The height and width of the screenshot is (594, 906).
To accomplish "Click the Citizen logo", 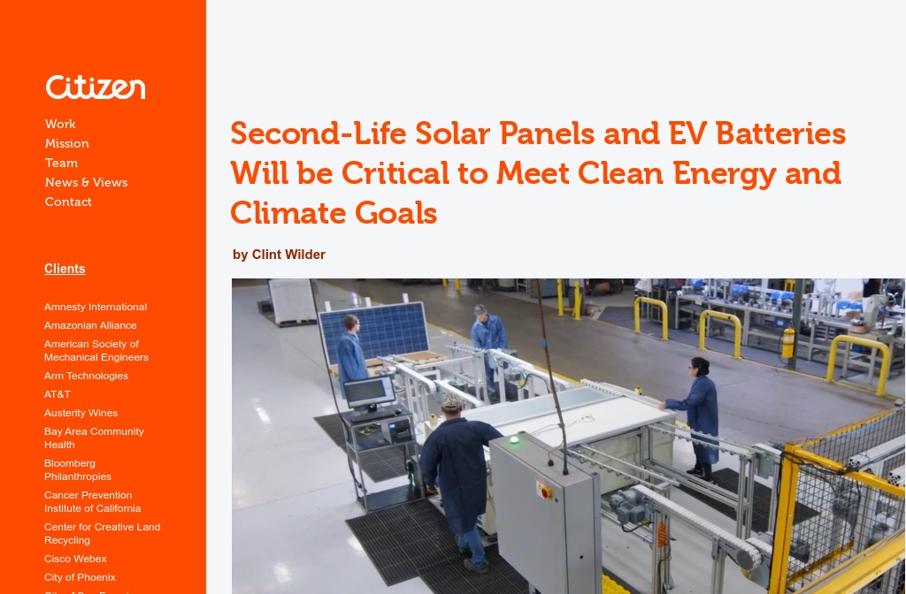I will click(x=96, y=88).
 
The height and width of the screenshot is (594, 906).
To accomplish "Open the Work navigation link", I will click(x=60, y=125).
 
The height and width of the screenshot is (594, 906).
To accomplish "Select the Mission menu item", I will click(x=67, y=144).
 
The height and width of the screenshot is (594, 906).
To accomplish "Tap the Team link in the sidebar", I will click(x=62, y=164).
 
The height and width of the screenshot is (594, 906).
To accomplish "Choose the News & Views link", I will click(x=87, y=183).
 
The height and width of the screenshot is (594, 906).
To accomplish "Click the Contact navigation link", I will click(x=68, y=202).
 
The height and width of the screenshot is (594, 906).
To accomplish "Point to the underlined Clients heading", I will click(x=65, y=269).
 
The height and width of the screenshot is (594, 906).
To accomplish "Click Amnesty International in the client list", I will click(x=96, y=308).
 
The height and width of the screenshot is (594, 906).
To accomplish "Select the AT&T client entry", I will click(x=58, y=395).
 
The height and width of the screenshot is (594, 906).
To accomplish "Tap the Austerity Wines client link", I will click(x=81, y=414).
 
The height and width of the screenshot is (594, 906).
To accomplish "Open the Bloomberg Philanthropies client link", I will click(x=78, y=470).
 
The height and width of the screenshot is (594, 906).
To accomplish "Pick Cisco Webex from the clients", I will click(x=75, y=560).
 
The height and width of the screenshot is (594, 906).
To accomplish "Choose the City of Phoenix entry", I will click(x=80, y=578).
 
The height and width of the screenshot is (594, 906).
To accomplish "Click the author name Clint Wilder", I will click(x=288, y=255).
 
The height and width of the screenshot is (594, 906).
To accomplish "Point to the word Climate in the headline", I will click(x=287, y=213).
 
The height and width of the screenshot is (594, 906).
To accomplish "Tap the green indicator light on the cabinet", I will click(x=513, y=439).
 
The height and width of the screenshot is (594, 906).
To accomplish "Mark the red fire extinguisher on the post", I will click(x=788, y=342).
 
